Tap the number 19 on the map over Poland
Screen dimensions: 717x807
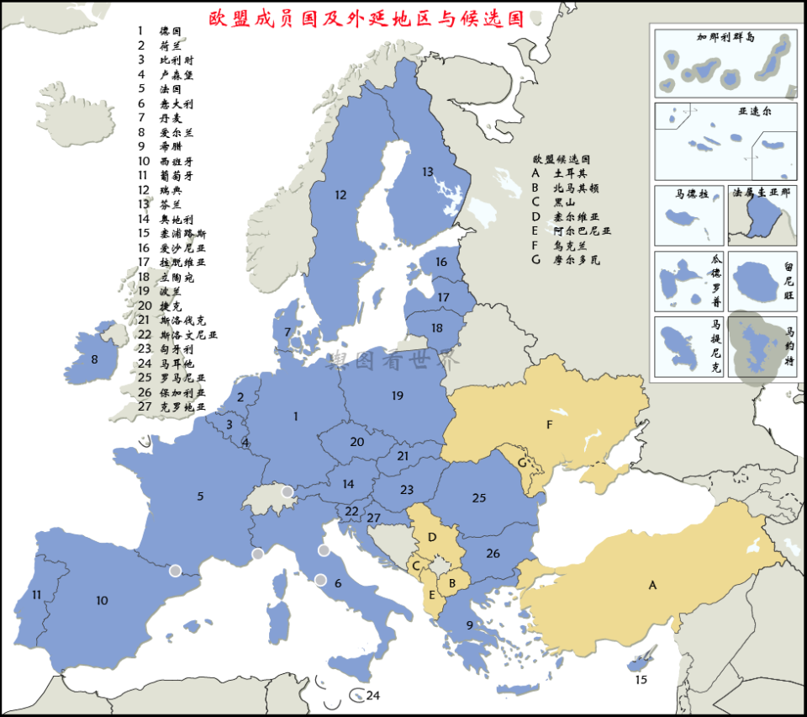click(398, 395)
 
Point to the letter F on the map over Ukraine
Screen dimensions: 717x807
click(549, 425)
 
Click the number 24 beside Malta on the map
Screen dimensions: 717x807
click(373, 696)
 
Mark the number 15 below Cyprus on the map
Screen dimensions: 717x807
click(641, 679)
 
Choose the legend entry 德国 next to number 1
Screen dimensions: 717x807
click(171, 31)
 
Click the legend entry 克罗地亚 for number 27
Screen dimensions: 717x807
click(182, 406)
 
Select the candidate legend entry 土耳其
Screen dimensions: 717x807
click(564, 173)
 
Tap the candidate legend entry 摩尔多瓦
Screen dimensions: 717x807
click(576, 260)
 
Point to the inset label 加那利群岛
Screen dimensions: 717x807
click(725, 37)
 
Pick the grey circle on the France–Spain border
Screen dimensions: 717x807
click(175, 571)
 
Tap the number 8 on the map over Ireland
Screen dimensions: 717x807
click(94, 360)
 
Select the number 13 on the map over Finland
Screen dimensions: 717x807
click(428, 173)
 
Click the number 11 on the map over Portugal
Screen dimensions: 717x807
click(36, 594)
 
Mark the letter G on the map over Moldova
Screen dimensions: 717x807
click(522, 462)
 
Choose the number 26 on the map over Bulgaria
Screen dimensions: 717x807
click(493, 553)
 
